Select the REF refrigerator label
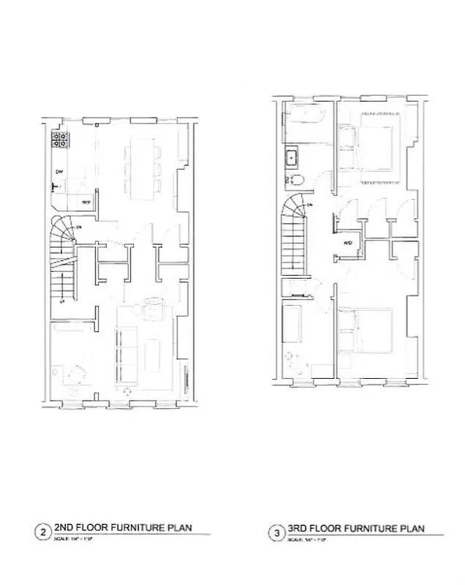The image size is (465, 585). (x=85, y=201)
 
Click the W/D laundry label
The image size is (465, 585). (x=347, y=241)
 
